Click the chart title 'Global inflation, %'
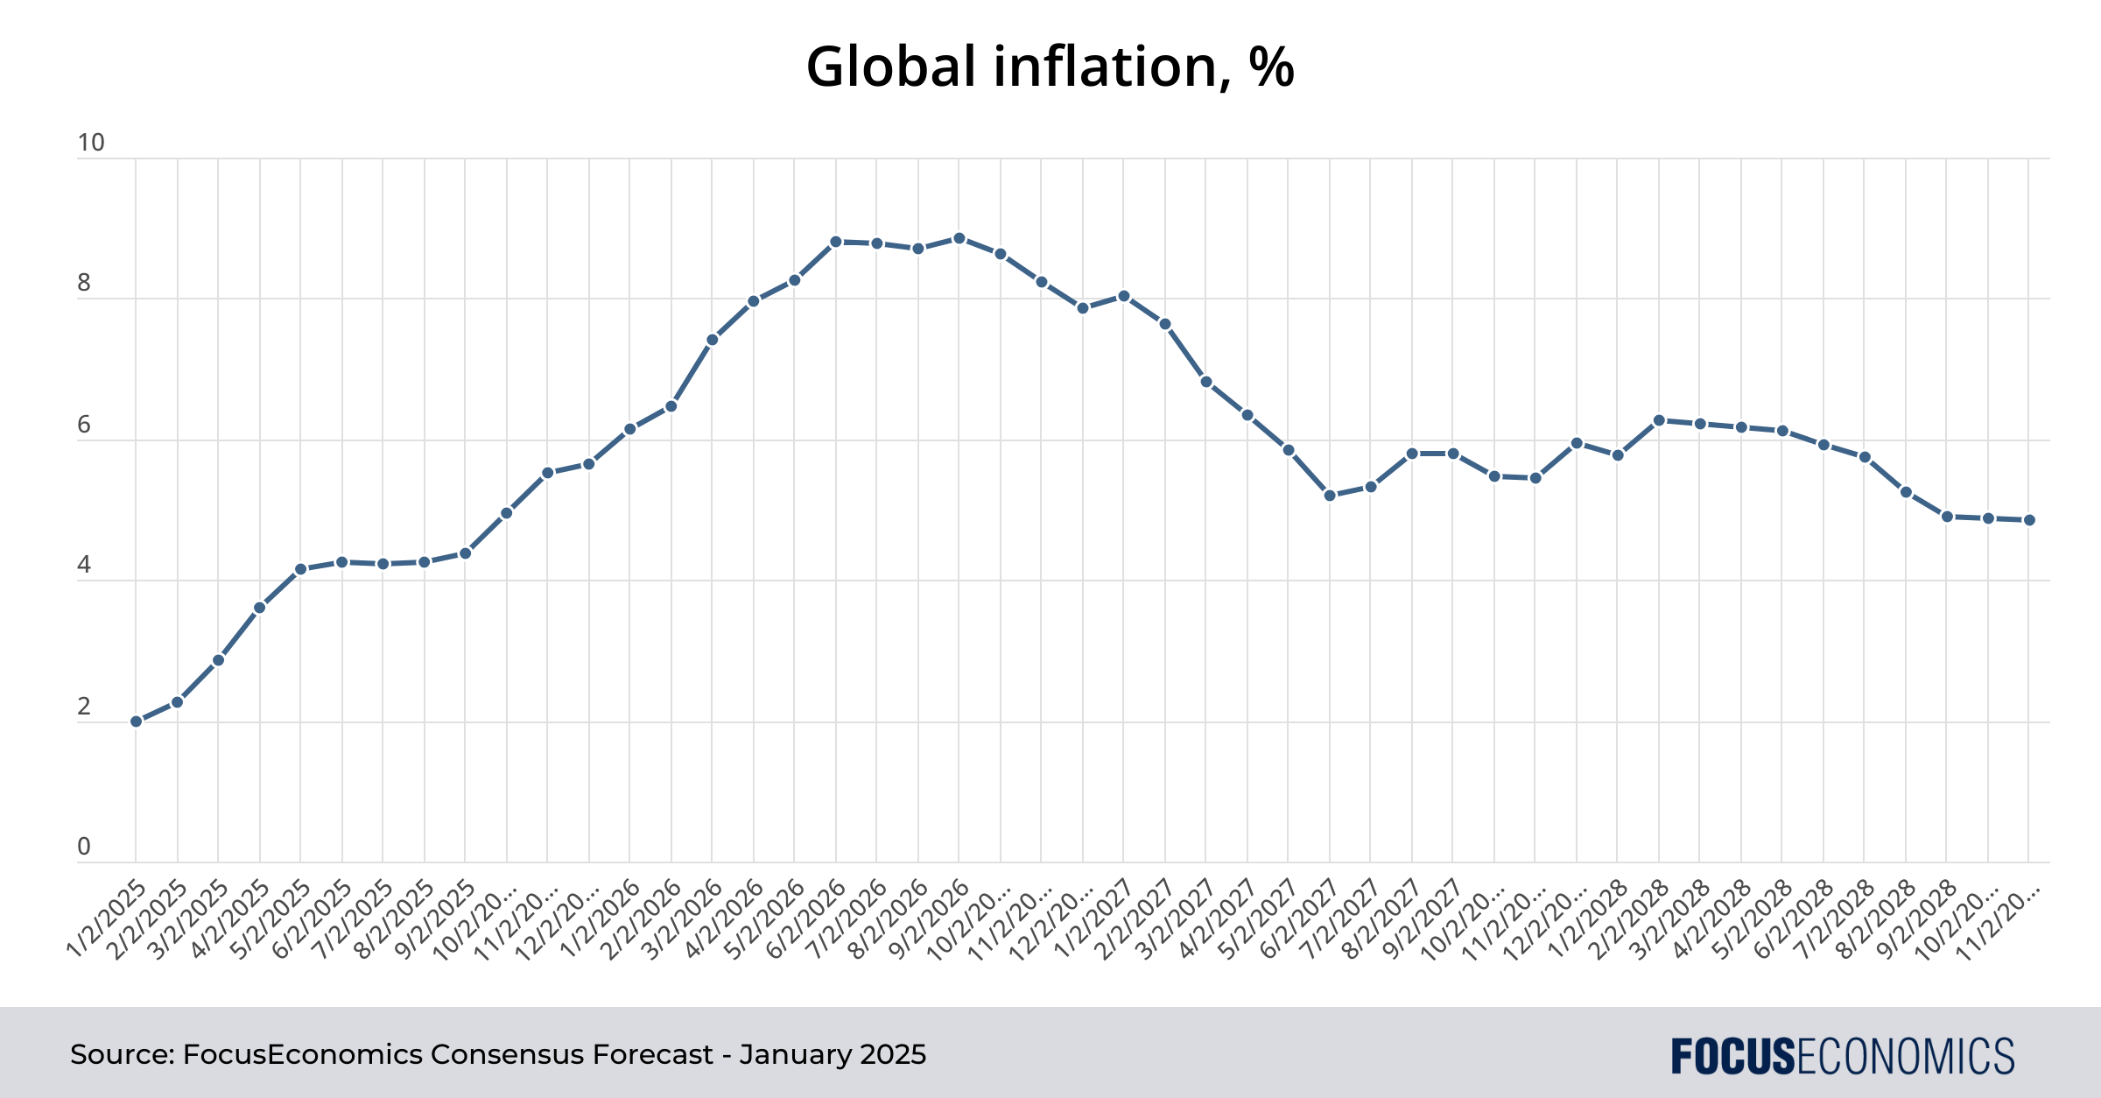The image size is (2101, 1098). pos(1050,67)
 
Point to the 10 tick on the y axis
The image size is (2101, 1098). pos(91,143)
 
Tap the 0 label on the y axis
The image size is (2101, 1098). pos(84,847)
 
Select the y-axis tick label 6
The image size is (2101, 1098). pos(84,425)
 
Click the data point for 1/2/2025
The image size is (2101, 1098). pos(137,721)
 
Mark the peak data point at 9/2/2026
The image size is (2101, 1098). pos(959,238)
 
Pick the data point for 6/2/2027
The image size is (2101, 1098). pos(1330,496)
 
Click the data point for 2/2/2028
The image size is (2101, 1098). pos(1659,420)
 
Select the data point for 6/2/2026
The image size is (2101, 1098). pos(836,242)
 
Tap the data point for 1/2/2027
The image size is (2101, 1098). pos(1124,296)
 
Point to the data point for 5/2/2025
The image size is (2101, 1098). pos(301,569)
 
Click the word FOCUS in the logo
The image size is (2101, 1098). pos(1732,1056)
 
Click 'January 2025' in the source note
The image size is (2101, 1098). pos(833,1054)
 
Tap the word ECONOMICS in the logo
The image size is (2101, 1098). pos(1905,1056)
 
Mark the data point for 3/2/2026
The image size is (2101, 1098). pos(713,340)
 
